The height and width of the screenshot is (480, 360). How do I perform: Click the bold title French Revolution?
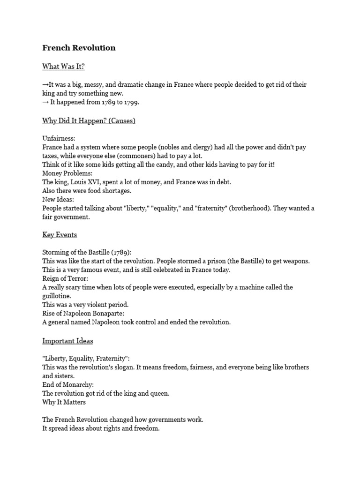pos(79,48)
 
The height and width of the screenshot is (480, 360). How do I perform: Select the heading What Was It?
pos(63,67)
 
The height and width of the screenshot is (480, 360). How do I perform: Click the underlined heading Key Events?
pos(60,234)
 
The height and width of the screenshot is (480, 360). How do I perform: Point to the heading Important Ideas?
pos(67,341)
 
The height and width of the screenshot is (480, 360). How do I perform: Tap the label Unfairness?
pos(59,138)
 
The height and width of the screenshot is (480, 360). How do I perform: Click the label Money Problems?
pos(67,173)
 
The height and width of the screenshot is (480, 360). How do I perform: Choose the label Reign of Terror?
pos(65,278)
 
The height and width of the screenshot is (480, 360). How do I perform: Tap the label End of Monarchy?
pos(68,385)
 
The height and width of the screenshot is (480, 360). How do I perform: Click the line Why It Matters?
pos(64,402)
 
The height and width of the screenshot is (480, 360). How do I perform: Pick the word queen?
pos(159,394)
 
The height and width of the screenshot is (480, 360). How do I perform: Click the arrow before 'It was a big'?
pos(45,84)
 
